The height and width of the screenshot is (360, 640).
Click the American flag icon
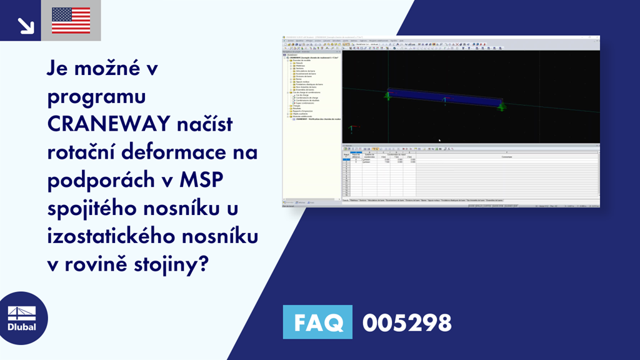click(x=71, y=21)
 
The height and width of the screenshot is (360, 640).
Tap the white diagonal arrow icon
click(x=26, y=25)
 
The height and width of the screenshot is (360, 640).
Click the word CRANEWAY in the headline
click(x=108, y=125)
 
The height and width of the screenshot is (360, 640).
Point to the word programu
click(x=96, y=98)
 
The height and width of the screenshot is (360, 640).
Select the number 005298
click(x=407, y=322)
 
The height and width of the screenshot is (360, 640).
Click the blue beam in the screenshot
click(x=444, y=99)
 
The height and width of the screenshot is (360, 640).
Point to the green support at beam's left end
click(x=388, y=96)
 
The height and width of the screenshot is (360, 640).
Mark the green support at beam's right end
click(x=501, y=107)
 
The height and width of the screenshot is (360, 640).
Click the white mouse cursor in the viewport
click(x=439, y=140)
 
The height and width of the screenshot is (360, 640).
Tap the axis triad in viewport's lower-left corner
click(x=352, y=129)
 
